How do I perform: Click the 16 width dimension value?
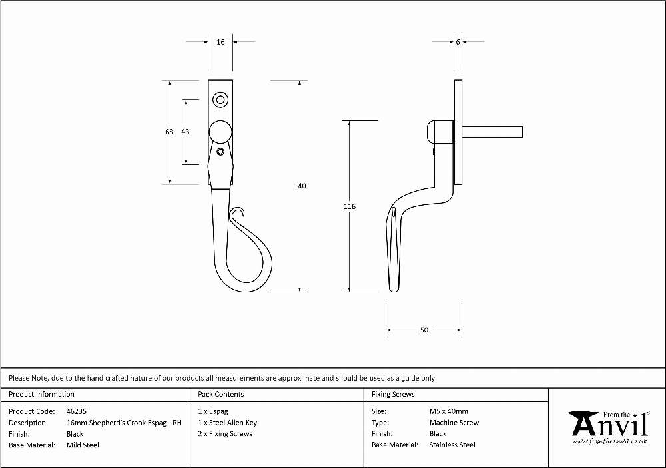[220, 42]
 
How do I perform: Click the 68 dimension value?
[169, 132]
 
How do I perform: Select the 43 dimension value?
[185, 132]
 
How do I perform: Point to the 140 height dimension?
[300, 186]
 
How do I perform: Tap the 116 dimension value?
[350, 206]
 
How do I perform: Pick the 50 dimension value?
[424, 330]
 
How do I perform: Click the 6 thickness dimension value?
[458, 42]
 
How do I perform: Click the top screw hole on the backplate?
[220, 100]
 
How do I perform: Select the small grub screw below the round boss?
[220, 152]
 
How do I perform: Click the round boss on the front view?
[220, 132]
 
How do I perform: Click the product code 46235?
[77, 411]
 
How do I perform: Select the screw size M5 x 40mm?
[448, 411]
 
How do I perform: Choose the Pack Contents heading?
[221, 394]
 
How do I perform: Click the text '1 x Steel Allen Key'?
[227, 423]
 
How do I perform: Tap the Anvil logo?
[610, 427]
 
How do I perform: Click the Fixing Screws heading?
[393, 394]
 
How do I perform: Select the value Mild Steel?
[83, 445]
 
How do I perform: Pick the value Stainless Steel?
[452, 445]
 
